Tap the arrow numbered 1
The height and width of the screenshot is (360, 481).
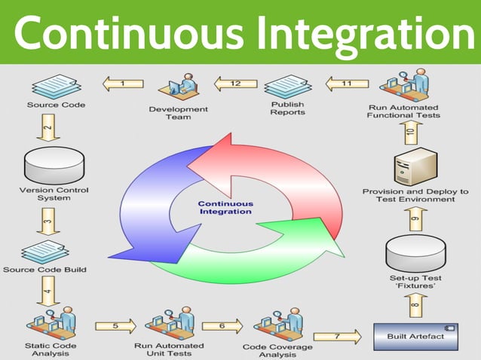pyautogui.click(x=123, y=84)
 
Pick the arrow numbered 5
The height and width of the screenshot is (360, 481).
pyautogui.click(x=115, y=326)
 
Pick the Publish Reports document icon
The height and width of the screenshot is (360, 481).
pyautogui.click(x=287, y=85)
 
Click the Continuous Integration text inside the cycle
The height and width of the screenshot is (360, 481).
pyautogui.click(x=225, y=208)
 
